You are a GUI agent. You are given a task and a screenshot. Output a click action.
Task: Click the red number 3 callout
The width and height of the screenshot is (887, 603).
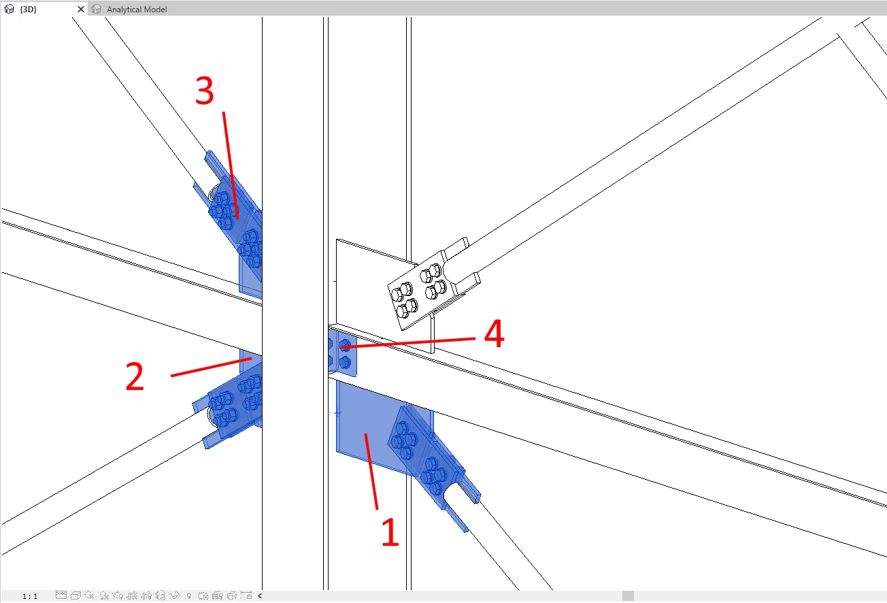pos(205,91)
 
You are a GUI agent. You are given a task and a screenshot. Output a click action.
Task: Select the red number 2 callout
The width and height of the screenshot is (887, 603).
pos(135,376)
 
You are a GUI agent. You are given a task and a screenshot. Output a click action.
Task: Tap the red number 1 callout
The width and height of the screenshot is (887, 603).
pos(390,532)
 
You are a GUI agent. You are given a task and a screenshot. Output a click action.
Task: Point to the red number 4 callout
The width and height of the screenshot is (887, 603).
pos(495,333)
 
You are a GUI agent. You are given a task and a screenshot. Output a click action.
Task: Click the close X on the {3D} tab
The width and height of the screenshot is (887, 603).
pos(81,9)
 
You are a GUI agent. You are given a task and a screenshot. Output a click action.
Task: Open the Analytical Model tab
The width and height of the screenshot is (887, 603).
pos(137,9)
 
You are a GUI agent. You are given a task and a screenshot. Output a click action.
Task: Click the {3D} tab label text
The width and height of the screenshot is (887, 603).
pos(28,9)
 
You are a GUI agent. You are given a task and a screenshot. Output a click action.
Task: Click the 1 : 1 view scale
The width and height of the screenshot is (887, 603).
pos(30,596)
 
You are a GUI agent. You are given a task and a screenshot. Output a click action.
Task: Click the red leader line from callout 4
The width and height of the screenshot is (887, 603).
pos(408,343)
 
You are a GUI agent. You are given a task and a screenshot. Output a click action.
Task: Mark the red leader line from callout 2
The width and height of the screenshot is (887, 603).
pos(211,367)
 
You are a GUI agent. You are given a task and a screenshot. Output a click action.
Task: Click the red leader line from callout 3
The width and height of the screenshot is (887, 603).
pos(231,165)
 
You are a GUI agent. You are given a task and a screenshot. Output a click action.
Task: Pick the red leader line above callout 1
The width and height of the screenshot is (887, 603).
pos(371,472)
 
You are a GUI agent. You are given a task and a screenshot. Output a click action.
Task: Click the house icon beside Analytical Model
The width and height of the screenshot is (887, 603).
pos(96,9)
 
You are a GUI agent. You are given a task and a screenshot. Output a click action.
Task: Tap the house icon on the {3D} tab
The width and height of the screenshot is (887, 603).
pos(9,9)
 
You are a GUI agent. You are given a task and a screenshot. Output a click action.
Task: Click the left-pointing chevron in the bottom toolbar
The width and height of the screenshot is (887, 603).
pos(260,596)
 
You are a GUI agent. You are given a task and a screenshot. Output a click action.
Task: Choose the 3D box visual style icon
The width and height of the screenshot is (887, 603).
pos(76,596)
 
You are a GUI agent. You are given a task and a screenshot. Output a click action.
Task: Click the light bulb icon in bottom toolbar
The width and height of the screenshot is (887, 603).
pos(189,596)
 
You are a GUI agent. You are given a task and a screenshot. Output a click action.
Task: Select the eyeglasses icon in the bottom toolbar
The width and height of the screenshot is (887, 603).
pos(175,596)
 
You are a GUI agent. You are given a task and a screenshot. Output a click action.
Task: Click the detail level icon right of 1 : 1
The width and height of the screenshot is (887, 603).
pos(61,595)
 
